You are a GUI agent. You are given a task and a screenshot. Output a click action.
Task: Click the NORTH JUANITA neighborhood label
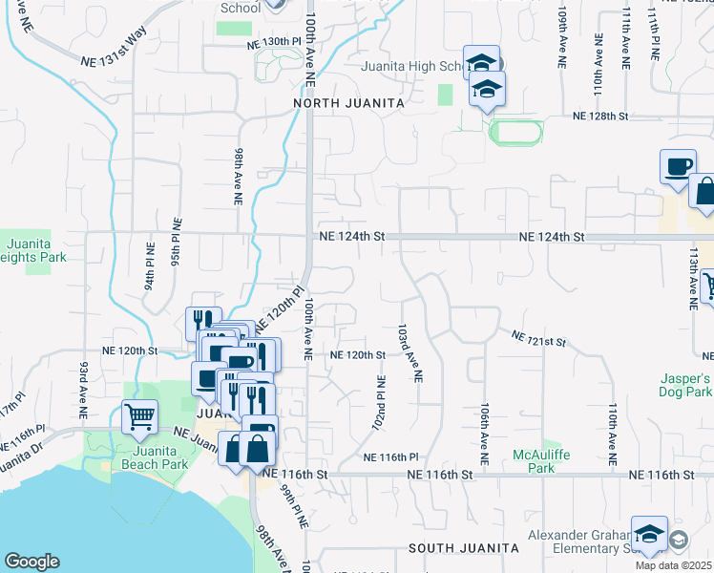pos(348,102)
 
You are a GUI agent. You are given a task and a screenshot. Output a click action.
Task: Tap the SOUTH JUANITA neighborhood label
pos(463,548)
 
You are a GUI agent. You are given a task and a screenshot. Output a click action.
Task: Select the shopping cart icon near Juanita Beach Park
pos(139,416)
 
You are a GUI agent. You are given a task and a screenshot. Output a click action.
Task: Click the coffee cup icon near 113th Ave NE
pos(678,166)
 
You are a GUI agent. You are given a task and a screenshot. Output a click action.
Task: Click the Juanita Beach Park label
pos(146,456)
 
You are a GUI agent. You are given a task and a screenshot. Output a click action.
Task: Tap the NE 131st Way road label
pos(114,58)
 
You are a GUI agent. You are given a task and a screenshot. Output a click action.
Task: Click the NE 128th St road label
pos(600,116)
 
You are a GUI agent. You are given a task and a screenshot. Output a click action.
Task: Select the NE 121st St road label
pos(539,338)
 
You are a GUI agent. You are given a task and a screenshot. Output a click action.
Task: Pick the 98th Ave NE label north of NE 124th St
pos(237,177)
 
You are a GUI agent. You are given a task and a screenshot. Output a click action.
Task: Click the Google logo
pos(31,562)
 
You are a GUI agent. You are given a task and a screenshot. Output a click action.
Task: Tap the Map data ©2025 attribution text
pos(673,565)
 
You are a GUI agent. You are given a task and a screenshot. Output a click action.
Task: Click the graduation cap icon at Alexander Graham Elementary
pos(649,537)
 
